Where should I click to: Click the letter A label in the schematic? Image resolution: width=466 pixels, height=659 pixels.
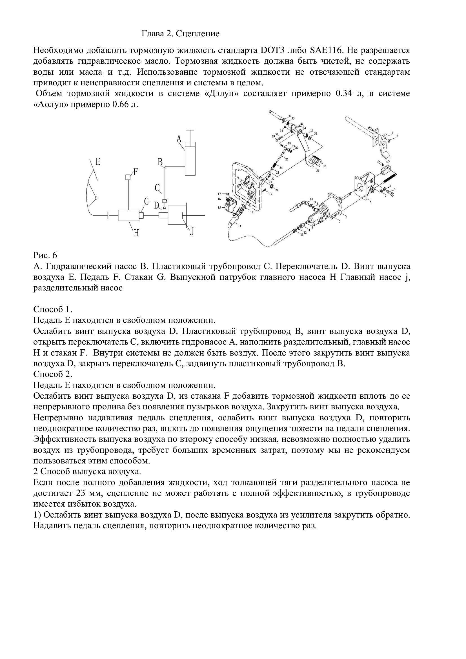click(179, 139)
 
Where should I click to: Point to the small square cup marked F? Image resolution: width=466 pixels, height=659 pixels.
click(128, 177)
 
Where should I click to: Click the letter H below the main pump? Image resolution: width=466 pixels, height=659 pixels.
click(136, 232)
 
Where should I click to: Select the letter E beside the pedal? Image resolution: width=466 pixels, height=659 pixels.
click(98, 162)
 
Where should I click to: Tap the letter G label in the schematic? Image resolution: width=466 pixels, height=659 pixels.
click(146, 202)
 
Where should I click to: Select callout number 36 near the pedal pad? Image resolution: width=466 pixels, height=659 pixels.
click(318, 170)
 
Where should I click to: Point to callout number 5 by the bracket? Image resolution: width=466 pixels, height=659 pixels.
click(370, 202)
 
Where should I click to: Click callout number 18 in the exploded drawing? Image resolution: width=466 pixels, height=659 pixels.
click(252, 212)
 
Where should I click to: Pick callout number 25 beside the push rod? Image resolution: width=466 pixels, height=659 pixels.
click(287, 159)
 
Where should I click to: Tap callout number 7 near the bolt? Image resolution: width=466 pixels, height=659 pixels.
click(339, 222)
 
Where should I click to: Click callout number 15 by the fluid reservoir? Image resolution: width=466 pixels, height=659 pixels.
click(219, 207)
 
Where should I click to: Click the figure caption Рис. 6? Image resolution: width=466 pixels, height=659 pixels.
click(45, 255)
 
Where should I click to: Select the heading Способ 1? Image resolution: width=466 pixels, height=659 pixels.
click(52, 309)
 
